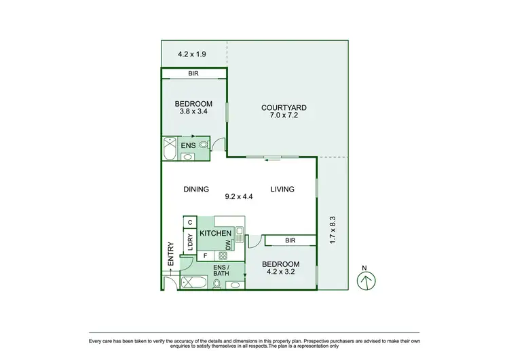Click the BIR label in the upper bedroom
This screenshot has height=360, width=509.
(193, 73)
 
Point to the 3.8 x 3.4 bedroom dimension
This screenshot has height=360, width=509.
(193, 112)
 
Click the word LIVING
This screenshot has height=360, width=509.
(282, 190)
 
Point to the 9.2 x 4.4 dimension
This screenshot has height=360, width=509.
(239, 197)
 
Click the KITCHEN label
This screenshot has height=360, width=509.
(216, 233)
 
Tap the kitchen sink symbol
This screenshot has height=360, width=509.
(239, 235)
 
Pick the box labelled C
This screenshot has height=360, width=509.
(190, 222)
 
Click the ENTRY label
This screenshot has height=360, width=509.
(171, 254)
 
